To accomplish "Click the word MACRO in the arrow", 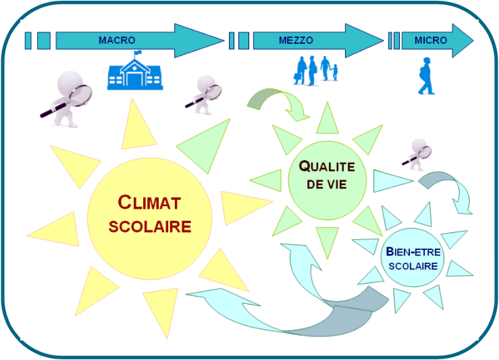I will [117, 41].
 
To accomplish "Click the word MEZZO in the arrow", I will [296, 41].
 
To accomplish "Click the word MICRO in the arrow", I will [431, 41].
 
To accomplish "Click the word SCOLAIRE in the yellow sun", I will [150, 226].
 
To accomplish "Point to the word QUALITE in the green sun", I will [327, 165].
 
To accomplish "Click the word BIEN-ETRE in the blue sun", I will [413, 252].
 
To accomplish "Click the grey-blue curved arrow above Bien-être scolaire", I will [446, 189].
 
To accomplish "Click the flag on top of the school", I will [138, 54].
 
